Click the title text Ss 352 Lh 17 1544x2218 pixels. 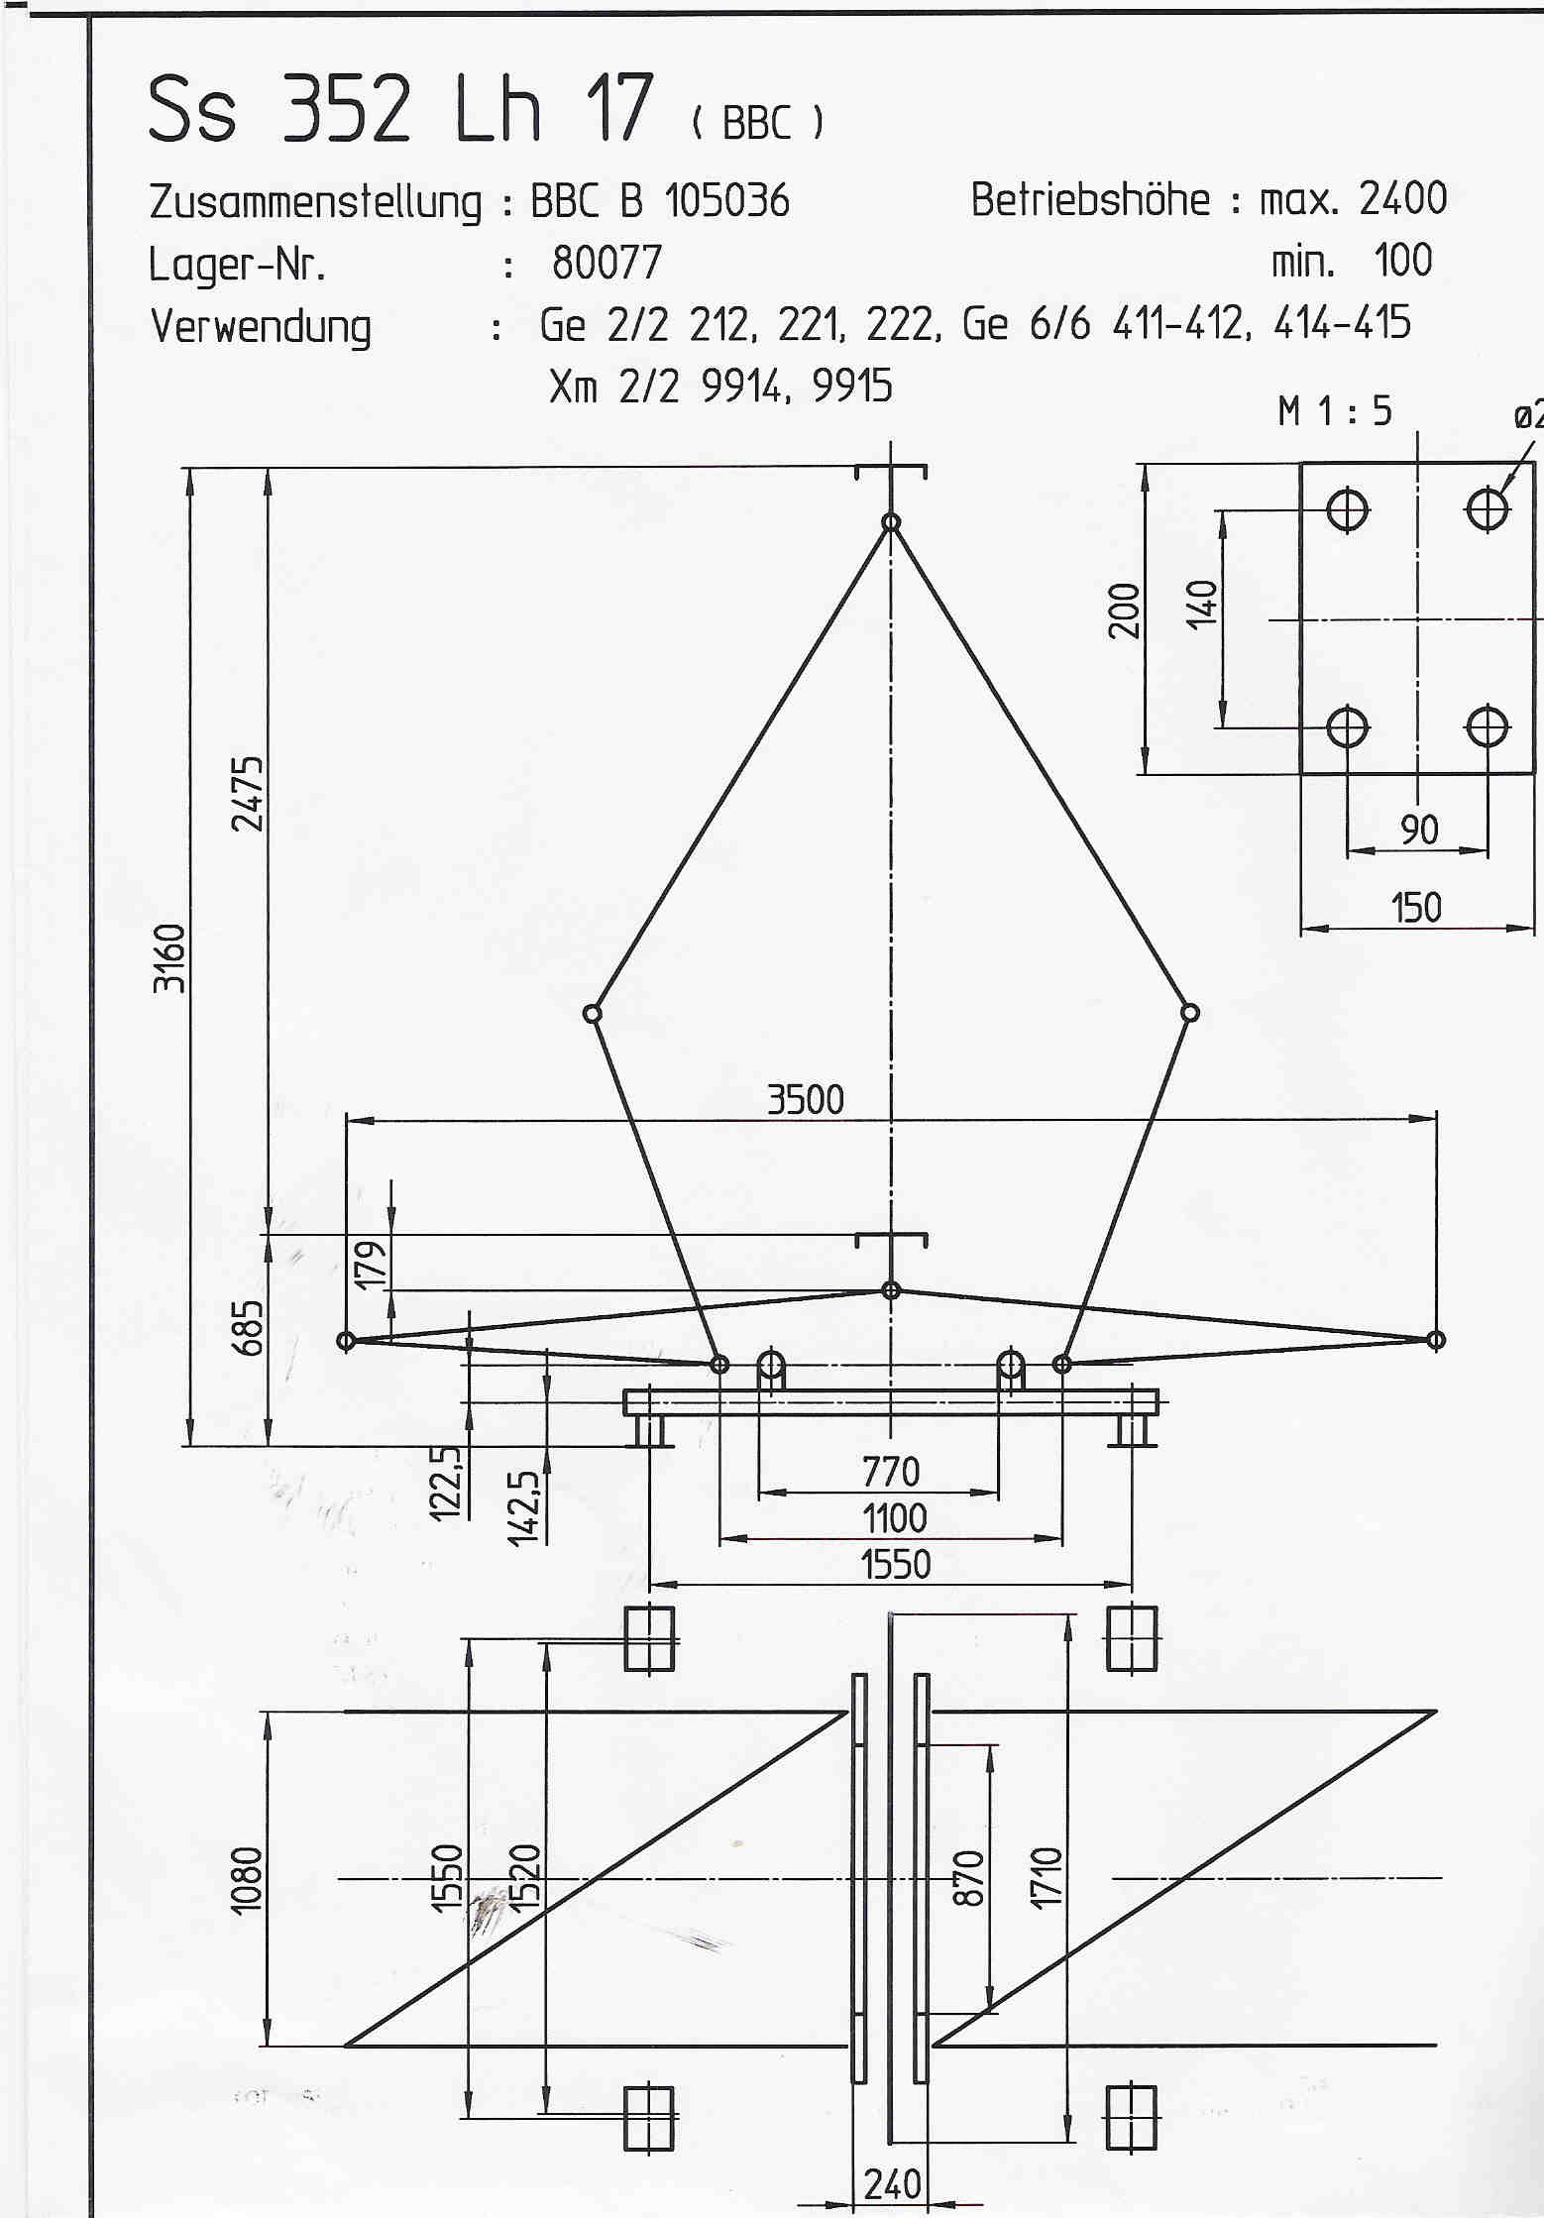click(x=401, y=109)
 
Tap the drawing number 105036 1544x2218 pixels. click(x=726, y=201)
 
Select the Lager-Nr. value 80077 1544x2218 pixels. click(x=607, y=263)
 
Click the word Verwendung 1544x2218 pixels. click(x=261, y=327)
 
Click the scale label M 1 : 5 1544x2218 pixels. click(x=1335, y=410)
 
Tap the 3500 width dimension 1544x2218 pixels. click(x=806, y=1100)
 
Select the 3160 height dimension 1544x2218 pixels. click(x=170, y=957)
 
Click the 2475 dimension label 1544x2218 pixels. click(x=249, y=793)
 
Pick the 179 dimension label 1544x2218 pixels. click(x=371, y=1263)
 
